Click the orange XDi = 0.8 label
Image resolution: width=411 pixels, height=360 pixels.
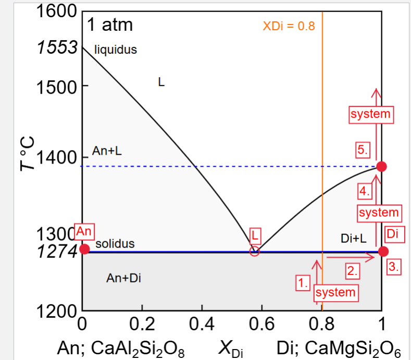pyautogui.click(x=289, y=26)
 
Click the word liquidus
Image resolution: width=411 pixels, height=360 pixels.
pyautogui.click(x=116, y=50)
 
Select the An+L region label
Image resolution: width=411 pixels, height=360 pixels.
pyautogui.click(x=107, y=151)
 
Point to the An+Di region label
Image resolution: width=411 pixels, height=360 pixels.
pyautogui.click(x=123, y=278)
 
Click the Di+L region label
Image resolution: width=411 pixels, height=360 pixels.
pyautogui.click(x=354, y=239)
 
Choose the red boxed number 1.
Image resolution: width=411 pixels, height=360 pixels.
pyautogui.click(x=302, y=283)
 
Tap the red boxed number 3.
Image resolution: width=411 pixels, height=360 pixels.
pyautogui.click(x=394, y=267)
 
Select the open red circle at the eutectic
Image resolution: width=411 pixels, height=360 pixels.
pyautogui.click(x=254, y=251)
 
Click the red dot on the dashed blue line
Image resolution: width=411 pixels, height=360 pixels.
pyautogui.click(x=381, y=166)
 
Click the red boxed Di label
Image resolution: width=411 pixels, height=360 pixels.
pyautogui.click(x=392, y=234)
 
